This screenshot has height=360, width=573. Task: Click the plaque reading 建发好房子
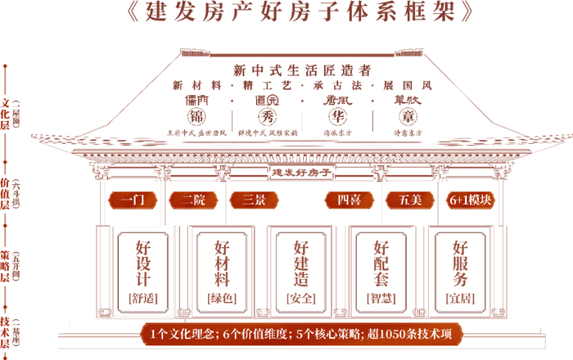[x=301, y=173]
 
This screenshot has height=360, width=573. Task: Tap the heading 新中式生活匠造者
[x=302, y=69]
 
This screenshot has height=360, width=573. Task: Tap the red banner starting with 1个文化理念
[x=301, y=334]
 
